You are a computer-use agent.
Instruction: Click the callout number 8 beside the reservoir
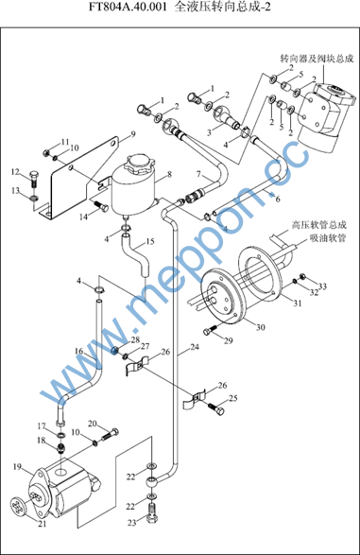pyautogui.click(x=170, y=175)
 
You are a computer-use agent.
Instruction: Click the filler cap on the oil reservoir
pyautogui.click(x=139, y=164)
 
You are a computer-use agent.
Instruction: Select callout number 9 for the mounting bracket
pyautogui.click(x=133, y=134)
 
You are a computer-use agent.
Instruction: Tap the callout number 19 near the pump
pyautogui.click(x=18, y=467)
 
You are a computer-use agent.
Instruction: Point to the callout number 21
pyautogui.click(x=43, y=525)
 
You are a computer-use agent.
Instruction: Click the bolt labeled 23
pyautogui.click(x=152, y=512)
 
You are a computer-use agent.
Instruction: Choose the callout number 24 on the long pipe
pyautogui.click(x=195, y=347)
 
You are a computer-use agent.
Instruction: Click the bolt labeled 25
pyautogui.click(x=216, y=408)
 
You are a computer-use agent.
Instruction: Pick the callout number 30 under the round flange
pyautogui.click(x=260, y=327)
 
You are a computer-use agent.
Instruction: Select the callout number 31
pyautogui.click(x=298, y=303)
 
